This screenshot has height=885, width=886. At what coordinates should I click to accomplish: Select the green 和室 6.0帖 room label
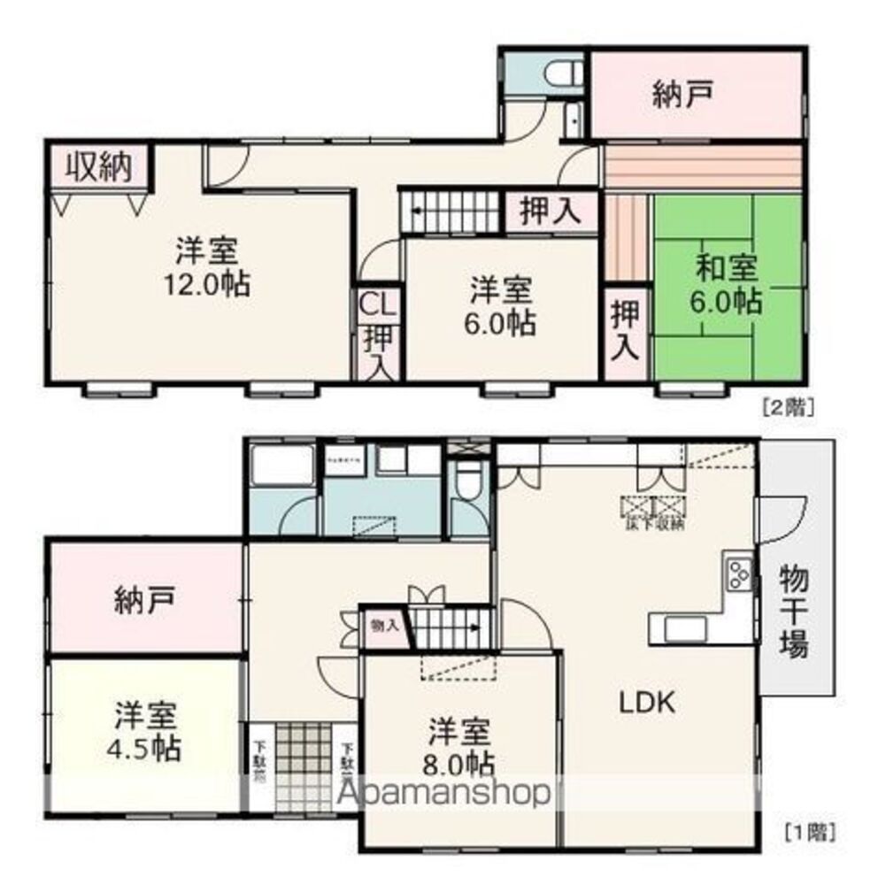pyautogui.click(x=727, y=283)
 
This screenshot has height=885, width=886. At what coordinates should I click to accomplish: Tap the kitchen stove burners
pyautogui.click(x=739, y=576)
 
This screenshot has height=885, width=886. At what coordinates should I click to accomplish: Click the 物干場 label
pyautogui.click(x=793, y=611)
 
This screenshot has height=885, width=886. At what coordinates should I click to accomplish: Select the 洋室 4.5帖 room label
pyautogui.click(x=147, y=732)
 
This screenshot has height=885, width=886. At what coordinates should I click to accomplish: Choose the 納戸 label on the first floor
pyautogui.click(x=144, y=602)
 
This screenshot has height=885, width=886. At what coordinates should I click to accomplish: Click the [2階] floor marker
pyautogui.click(x=788, y=408)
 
